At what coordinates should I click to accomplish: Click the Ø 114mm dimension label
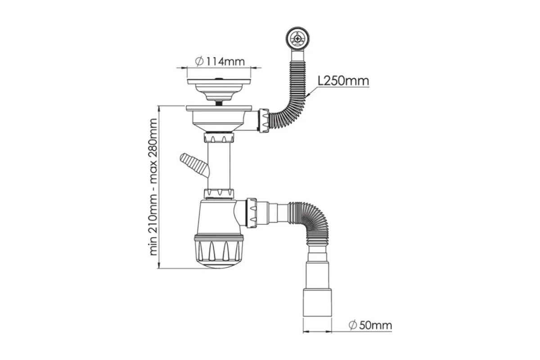pos(220,62)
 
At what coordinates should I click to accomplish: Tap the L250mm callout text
pos(343,81)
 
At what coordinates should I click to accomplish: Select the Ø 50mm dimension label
pos(370,325)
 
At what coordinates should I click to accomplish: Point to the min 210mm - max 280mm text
pos(153,187)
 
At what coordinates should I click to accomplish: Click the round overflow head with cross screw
pos(297,38)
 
